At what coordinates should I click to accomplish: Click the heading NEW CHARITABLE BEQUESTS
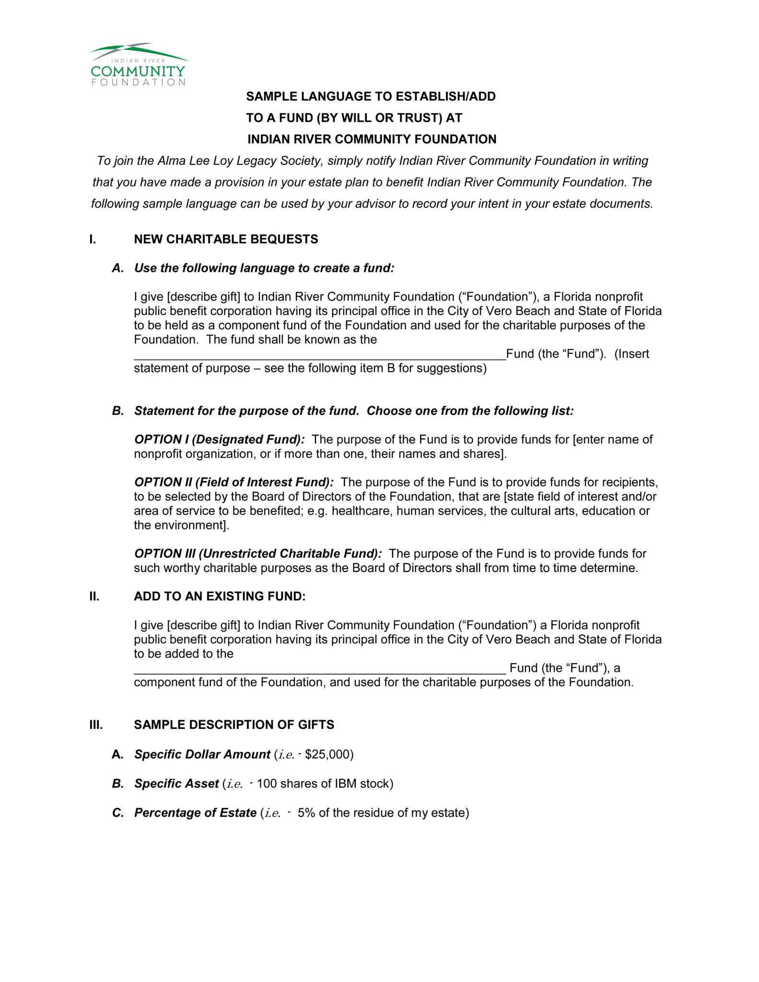[226, 239]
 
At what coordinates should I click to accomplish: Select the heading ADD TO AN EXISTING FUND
[220, 596]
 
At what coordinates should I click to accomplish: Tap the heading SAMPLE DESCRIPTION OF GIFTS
[234, 725]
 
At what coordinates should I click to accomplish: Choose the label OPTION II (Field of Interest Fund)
[234, 482]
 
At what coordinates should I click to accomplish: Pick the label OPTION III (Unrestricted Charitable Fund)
[258, 553]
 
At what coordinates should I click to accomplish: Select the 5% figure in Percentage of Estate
[306, 813]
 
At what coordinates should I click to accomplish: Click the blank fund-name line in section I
[320, 355]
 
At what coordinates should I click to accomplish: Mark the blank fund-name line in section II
[320, 669]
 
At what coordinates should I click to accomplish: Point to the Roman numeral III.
[96, 725]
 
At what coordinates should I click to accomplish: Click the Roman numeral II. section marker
[94, 596]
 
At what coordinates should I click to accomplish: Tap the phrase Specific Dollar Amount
[202, 754]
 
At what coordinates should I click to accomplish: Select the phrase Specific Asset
[176, 783]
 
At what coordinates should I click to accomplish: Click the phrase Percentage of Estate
[195, 813]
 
